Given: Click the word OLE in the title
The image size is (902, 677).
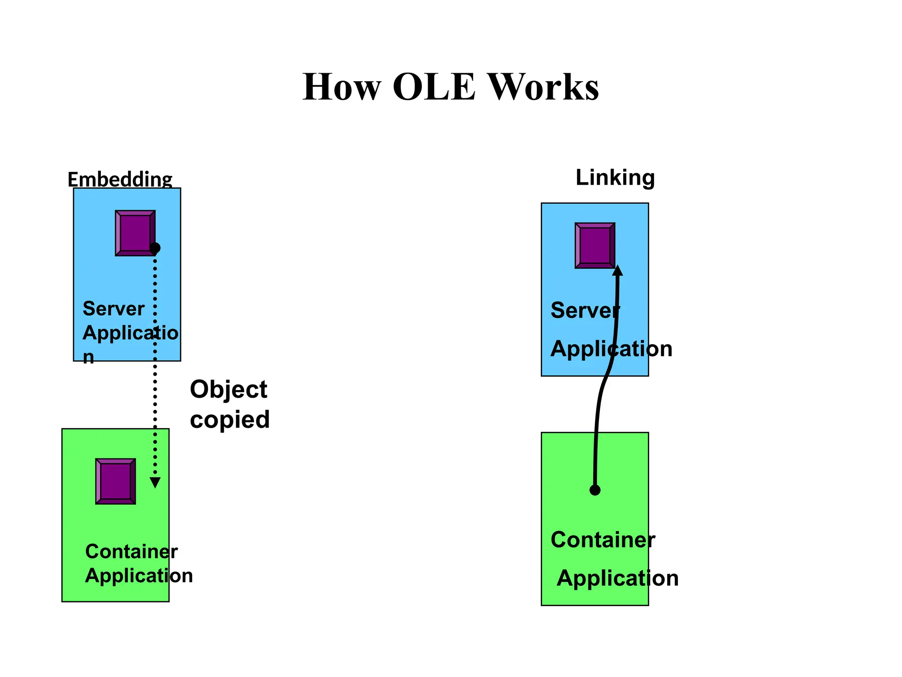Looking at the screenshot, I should [x=434, y=87].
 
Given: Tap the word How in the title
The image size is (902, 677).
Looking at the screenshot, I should [x=341, y=87].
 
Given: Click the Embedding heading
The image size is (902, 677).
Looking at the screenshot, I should [x=120, y=179].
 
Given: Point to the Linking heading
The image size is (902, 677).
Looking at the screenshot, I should [x=615, y=178].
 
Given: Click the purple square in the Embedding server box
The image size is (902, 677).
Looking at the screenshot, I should [x=135, y=233].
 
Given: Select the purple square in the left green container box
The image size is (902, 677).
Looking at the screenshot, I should [x=115, y=481].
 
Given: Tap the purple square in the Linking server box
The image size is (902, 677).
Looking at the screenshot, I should [x=595, y=246].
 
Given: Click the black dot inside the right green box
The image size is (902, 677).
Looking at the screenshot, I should [x=595, y=490].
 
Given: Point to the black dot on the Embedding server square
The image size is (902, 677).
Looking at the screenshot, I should [x=155, y=248].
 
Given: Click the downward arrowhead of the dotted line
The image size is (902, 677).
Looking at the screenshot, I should [x=155, y=483].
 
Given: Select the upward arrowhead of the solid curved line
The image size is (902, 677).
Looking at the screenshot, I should [x=617, y=270].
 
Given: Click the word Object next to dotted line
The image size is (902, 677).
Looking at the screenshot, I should [x=228, y=390].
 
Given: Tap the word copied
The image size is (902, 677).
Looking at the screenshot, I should [x=229, y=419].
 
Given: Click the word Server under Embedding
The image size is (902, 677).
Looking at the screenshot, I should [x=113, y=309].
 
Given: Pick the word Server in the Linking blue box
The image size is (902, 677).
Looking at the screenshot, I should [x=585, y=310].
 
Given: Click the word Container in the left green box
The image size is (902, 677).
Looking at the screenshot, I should [x=131, y=551].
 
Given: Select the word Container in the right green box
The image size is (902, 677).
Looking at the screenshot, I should [x=603, y=540].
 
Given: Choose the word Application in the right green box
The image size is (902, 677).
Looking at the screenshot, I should [x=617, y=578].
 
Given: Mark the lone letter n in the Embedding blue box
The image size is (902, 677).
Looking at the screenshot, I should [x=89, y=357].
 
